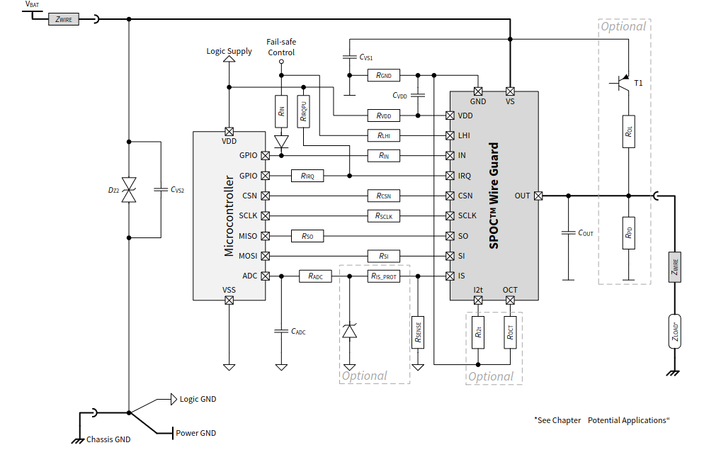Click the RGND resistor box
coord(383,75)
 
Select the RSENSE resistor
coord(418,332)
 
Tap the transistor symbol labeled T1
coord(622,83)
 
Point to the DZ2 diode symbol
coord(129,189)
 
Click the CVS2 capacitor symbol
coord(161,189)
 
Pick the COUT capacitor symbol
coord(569,232)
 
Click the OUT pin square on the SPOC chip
coord(538,196)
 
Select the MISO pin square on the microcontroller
coord(266,236)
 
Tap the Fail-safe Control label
coord(281,47)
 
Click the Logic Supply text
coord(229,51)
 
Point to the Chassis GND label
coord(108,439)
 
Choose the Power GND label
coord(195,433)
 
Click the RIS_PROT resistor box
coord(383,276)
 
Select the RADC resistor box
coord(315,276)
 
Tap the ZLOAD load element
coord(675,332)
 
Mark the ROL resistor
coord(629,132)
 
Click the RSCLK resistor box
coord(383,216)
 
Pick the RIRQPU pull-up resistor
coord(304,111)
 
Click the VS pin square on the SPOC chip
coord(510,91)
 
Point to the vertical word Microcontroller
coord(229,216)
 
